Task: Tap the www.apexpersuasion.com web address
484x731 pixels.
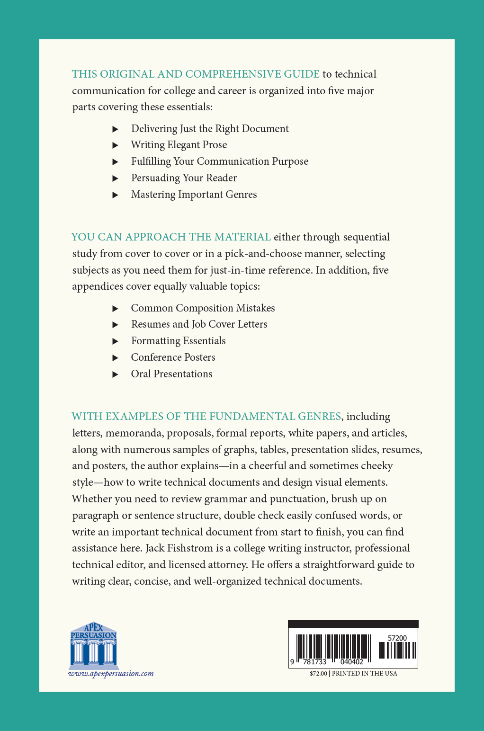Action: (111, 674)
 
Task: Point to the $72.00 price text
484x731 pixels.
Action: (318, 674)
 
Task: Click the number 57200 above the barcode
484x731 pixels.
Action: (397, 638)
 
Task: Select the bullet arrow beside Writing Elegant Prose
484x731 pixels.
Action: (115, 145)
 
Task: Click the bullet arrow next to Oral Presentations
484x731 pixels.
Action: (115, 374)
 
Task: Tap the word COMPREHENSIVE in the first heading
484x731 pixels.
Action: (233, 74)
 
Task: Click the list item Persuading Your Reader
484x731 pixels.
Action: (184, 178)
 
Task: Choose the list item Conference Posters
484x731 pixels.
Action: (173, 357)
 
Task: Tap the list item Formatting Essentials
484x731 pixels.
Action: (178, 341)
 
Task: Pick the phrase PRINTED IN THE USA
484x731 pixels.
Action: (364, 674)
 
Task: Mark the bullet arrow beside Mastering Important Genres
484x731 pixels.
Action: (115, 195)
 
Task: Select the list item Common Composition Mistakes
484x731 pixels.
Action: (203, 308)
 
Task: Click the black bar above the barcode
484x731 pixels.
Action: (353, 624)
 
